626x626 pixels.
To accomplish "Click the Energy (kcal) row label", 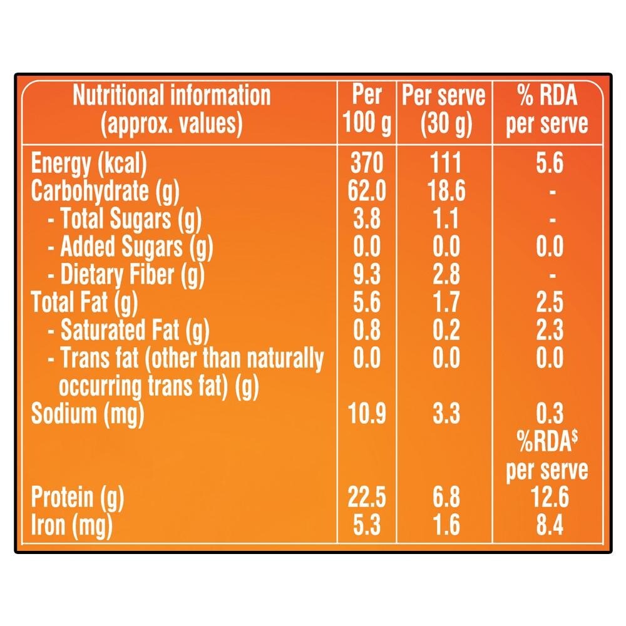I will [x=89, y=164].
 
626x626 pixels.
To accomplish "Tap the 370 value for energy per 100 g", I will [x=367, y=164].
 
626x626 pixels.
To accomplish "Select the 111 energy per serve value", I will [x=446, y=164].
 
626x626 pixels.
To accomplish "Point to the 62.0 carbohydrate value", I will [x=367, y=192].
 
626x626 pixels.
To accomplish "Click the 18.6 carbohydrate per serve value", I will [x=446, y=192].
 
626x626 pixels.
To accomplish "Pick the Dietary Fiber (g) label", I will [x=133, y=275].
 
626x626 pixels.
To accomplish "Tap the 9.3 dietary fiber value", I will [x=367, y=275].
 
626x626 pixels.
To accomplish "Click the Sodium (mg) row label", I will [x=88, y=414].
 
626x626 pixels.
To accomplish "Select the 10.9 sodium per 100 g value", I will [x=367, y=414].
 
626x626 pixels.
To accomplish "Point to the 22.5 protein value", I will [x=367, y=498].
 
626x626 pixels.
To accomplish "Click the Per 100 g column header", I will [x=367, y=110].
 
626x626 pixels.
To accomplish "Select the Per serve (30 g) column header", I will [x=444, y=110].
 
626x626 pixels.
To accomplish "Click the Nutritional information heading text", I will [x=172, y=96].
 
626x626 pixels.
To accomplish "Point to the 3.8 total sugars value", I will [x=367, y=220].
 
